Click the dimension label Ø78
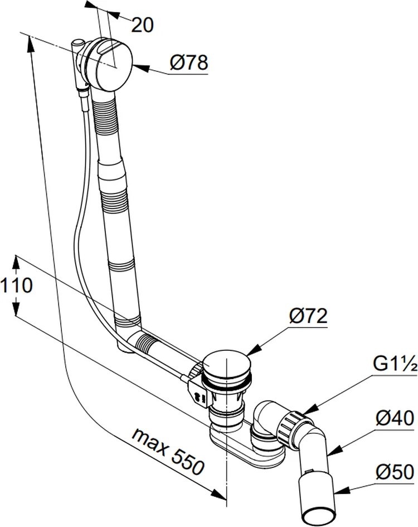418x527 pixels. coord(189,64)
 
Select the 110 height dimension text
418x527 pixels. coord(16,286)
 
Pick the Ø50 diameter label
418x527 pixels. coord(395,473)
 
